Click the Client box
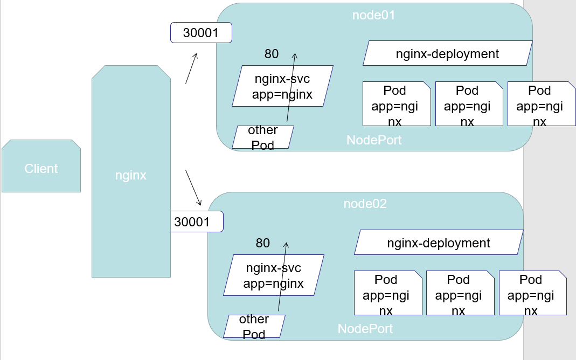coord(41,167)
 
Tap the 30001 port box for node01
coord(201,33)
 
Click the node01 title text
coord(373,15)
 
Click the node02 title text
coord(365,204)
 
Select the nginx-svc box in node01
coord(282,86)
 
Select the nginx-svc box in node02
coord(274,275)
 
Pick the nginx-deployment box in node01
coord(447,54)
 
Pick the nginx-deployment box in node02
coord(439,243)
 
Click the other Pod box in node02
coord(254,327)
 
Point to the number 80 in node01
coord(272,54)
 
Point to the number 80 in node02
coord(263,243)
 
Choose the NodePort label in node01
coord(374,140)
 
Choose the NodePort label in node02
coord(365,329)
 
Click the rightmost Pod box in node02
coord(532,293)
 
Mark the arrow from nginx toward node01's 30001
coord(191,68)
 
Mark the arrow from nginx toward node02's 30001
coord(193,188)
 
